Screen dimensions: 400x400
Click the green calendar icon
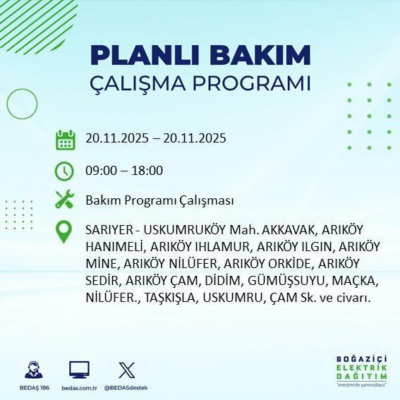click(x=65, y=140)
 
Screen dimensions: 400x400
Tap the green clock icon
click(x=65, y=171)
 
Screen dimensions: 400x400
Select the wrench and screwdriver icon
click(x=65, y=200)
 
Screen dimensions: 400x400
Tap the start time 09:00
click(x=99, y=171)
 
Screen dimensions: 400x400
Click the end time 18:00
click(x=148, y=171)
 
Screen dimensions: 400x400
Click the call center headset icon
click(x=32, y=370)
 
